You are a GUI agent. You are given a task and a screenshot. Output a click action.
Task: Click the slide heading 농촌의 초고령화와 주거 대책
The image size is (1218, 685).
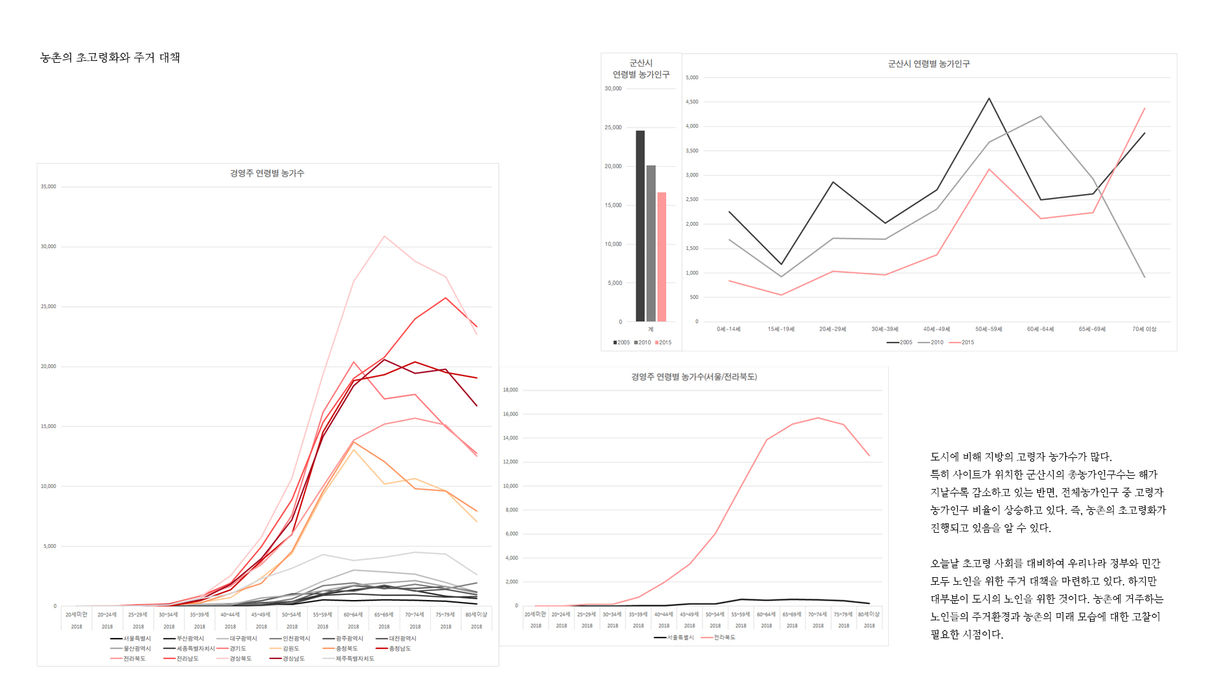(110, 58)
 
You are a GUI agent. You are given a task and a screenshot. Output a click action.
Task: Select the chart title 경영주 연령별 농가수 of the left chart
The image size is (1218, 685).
(266, 173)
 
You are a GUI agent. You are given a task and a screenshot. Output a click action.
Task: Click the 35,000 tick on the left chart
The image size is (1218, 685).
(48, 186)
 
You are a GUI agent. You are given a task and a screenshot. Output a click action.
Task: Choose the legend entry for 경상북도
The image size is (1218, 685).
(240, 659)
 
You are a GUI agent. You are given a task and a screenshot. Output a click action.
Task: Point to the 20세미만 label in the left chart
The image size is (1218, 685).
(76, 615)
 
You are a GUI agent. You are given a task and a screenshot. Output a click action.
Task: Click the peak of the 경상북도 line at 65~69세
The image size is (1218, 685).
(384, 237)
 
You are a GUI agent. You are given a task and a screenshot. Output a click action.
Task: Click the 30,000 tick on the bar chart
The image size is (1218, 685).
(613, 89)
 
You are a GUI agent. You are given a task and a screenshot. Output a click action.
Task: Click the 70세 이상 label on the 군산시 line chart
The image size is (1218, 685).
(1144, 329)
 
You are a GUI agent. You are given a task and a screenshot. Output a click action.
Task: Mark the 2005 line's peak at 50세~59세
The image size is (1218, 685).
(989, 98)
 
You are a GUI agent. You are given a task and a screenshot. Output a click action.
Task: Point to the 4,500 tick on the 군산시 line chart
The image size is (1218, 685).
(691, 101)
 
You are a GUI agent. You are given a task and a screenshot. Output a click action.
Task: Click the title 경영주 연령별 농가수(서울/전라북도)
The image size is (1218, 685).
(693, 377)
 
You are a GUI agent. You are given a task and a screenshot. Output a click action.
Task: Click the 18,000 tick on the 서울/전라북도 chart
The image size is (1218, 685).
(510, 390)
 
